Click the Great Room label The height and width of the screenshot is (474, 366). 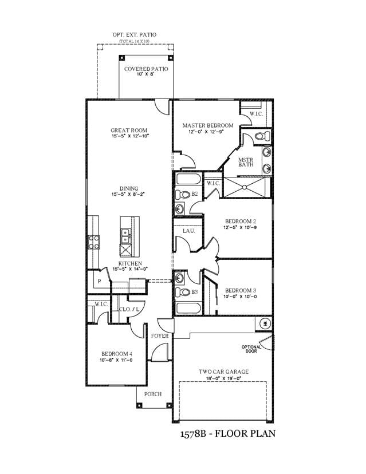coord(129,131)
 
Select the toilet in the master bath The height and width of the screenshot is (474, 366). coord(262,136)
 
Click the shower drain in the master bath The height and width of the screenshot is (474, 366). coord(245,187)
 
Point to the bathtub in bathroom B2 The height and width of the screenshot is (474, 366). coord(188,179)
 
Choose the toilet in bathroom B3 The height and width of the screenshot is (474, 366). coord(182,292)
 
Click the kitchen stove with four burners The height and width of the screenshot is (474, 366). coord(94,242)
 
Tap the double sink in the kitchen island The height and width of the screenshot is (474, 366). coord(125,236)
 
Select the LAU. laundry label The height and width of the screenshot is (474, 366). coord(189,231)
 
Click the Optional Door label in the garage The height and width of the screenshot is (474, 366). coord(251,349)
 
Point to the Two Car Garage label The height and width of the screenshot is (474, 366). coord(223,372)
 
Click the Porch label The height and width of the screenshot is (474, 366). coord(153,394)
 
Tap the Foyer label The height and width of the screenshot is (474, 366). coord(160,336)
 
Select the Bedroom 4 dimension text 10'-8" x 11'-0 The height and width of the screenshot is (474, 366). coord(116,360)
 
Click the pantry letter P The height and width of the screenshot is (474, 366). coord(99,282)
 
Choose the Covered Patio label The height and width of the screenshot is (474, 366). coord(146,69)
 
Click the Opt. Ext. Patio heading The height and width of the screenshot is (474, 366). coord(134,35)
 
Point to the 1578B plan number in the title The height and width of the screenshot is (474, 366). coord(193,434)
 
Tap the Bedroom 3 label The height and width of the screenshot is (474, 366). coord(241,290)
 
